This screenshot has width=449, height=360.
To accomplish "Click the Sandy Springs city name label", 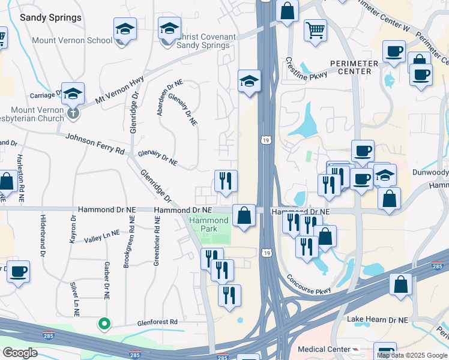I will [50, 17].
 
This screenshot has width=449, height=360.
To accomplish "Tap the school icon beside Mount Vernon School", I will [125, 29].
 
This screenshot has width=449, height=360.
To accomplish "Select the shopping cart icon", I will [315, 29].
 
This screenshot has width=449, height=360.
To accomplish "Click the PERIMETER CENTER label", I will [354, 67].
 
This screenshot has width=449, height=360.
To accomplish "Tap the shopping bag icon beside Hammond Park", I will [244, 215].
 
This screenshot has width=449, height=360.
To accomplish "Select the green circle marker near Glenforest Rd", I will [104, 324].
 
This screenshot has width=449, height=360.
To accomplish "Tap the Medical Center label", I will [324, 349].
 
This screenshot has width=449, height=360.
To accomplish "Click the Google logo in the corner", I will [19, 353].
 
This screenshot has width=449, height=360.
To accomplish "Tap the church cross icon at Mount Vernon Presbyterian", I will [73, 112].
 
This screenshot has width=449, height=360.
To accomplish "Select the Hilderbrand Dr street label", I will [43, 236].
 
